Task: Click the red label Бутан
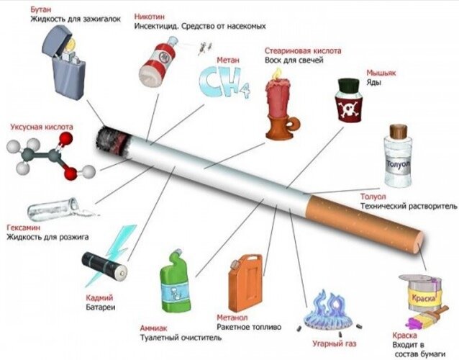pos(41,9)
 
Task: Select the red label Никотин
pos(150,15)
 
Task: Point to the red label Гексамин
pos(22,225)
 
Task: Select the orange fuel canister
pos(245,282)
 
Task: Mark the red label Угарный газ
pos(334,344)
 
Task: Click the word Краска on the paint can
pos(421,297)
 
